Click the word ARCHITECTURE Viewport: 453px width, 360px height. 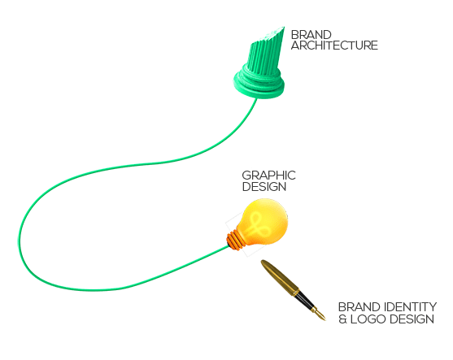334,46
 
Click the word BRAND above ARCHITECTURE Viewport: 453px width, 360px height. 311,35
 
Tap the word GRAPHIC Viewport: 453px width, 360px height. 268,176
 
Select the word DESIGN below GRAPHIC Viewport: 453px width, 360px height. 264,186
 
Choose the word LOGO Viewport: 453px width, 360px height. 368,319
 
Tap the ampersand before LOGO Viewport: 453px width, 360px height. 342,319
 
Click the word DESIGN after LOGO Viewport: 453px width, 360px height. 412,319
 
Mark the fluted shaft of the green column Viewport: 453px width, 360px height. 265,54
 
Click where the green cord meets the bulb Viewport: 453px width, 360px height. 228,246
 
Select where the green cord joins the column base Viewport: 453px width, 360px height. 255,98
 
